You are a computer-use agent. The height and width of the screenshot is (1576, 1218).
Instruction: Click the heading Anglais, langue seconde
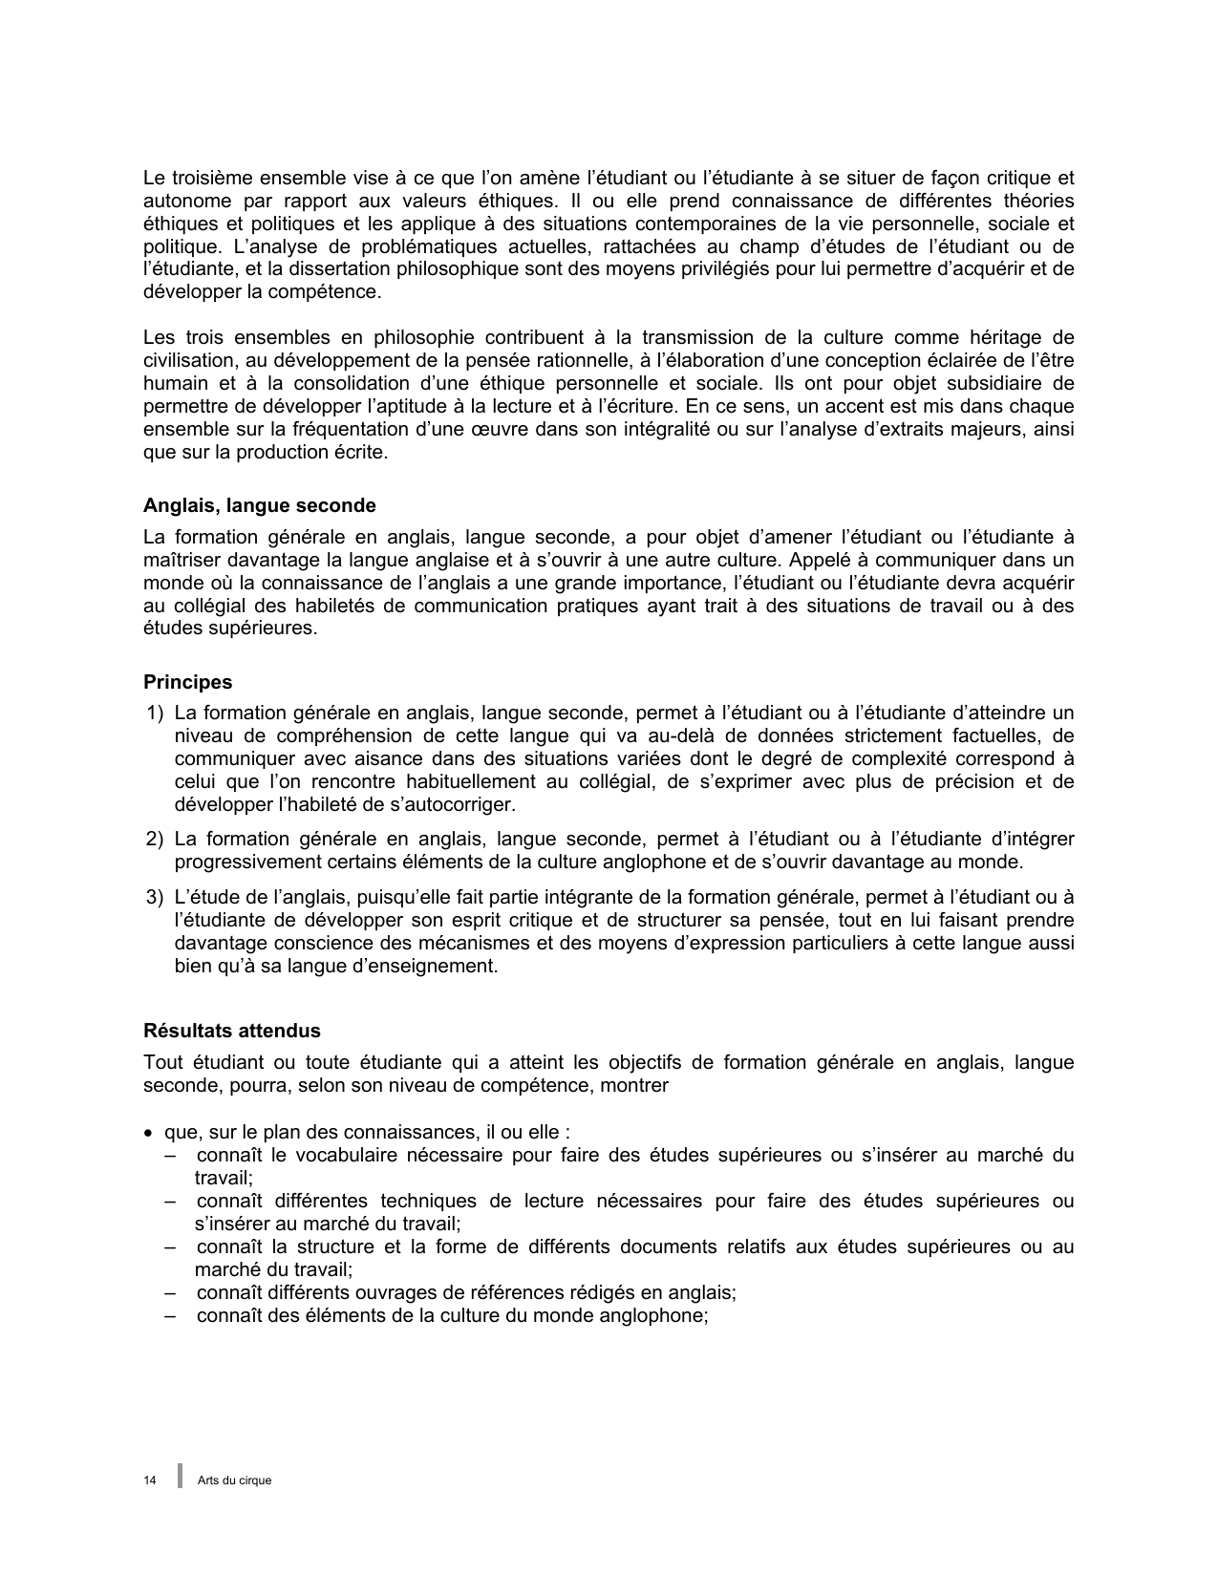point(259,506)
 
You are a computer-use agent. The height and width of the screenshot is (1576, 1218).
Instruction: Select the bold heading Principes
point(187,682)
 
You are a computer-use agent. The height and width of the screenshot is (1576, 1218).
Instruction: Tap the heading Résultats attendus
point(231,1031)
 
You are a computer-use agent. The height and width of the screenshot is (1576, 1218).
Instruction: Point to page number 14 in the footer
point(150,1480)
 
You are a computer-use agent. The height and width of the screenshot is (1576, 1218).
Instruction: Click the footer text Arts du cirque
point(234,1480)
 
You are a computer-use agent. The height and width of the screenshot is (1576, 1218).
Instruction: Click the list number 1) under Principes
point(155,713)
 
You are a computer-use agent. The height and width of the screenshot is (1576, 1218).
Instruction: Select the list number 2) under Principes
point(155,839)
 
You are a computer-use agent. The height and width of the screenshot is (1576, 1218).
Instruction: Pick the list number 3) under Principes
point(155,897)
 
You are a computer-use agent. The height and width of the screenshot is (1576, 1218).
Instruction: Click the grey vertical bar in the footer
point(180,1476)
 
